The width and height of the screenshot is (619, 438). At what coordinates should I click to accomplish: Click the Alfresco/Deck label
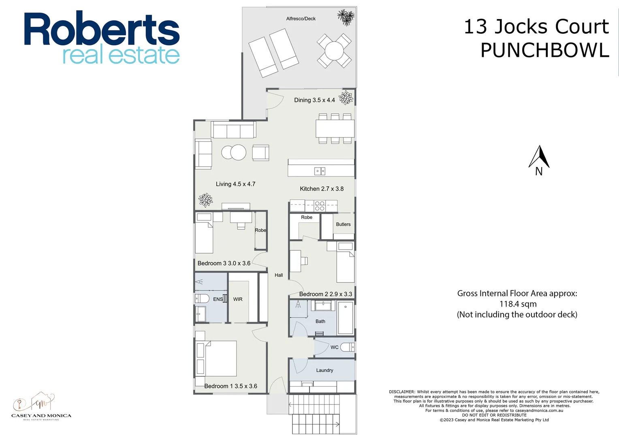301,19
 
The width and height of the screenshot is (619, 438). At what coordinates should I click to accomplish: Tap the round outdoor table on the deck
334,51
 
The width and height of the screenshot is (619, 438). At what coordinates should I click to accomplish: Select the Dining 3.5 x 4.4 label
314,100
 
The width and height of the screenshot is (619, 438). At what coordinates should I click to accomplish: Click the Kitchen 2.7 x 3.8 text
322,189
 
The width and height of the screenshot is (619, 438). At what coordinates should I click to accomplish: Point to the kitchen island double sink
320,171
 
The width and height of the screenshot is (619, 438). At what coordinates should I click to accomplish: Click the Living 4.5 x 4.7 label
235,184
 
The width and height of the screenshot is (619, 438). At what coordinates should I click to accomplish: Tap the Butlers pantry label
343,224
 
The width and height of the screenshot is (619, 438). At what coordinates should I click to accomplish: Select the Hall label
279,275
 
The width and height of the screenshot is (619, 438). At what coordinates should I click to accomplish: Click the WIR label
238,299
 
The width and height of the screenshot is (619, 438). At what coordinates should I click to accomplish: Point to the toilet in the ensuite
202,299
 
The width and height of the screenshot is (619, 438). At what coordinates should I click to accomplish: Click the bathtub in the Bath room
346,318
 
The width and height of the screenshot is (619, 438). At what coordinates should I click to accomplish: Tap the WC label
334,347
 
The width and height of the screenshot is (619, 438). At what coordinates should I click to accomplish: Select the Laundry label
324,370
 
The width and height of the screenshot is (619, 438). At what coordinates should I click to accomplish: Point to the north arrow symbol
539,158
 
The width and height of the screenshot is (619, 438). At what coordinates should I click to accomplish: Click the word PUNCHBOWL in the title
544,51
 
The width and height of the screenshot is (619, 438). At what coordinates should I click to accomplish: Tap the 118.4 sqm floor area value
518,304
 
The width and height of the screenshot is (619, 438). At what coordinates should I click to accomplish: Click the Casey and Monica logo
41,406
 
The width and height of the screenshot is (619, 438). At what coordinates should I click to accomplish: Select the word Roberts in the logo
101,29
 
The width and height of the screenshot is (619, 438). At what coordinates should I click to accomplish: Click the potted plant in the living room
205,200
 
